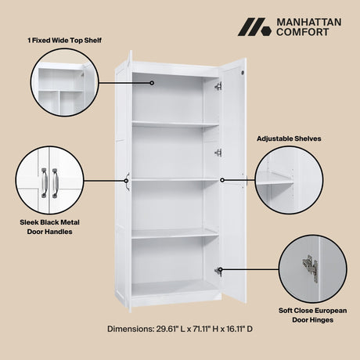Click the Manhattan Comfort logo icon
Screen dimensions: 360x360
pyautogui.click(x=254, y=28)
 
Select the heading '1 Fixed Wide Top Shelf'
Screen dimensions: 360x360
pyautogui.click(x=64, y=39)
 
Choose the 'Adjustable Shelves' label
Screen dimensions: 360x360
pyautogui.click(x=288, y=139)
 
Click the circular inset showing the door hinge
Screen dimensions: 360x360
pyautogui.click(x=313, y=265)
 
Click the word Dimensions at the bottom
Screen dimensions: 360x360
pyautogui.click(x=127, y=329)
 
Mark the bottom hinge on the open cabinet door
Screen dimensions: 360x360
pyautogui.click(x=218, y=272)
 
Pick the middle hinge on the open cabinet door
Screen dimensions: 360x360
pyautogui.click(x=218, y=153)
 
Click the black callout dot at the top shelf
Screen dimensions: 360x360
pyautogui.click(x=152, y=82)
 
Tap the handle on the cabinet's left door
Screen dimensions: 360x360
pyautogui.click(x=127, y=181)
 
